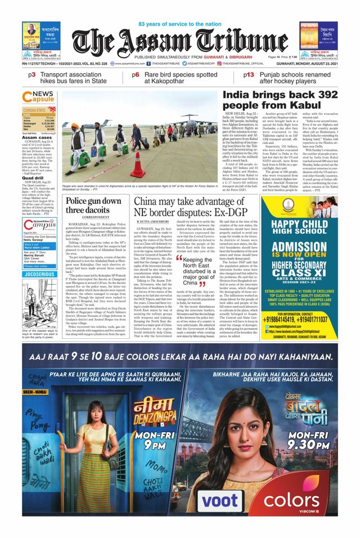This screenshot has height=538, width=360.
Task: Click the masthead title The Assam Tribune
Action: [x=180, y=43]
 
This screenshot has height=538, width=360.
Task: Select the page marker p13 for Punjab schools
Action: [x=249, y=74]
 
